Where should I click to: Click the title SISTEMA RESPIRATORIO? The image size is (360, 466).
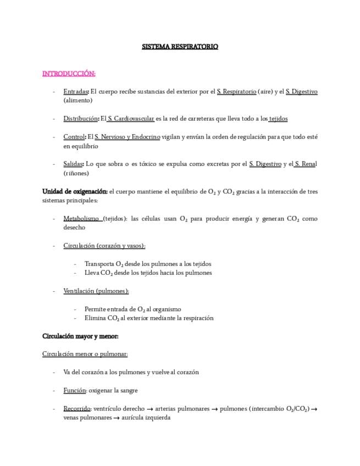point(180,47)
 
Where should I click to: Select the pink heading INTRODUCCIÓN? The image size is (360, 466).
point(69,73)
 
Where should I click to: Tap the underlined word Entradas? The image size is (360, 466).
point(75,91)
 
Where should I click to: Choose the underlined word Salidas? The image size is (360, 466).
point(73,164)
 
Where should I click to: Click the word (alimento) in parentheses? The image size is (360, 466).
point(78,100)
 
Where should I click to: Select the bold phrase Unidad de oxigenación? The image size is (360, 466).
point(75,191)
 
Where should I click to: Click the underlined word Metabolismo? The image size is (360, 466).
point(81,218)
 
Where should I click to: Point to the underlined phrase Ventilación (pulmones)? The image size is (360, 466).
point(96,290)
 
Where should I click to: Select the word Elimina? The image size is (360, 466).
point(95,318)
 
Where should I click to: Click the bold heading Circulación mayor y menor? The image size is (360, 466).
point(80,336)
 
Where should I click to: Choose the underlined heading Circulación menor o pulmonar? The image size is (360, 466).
point(85,354)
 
